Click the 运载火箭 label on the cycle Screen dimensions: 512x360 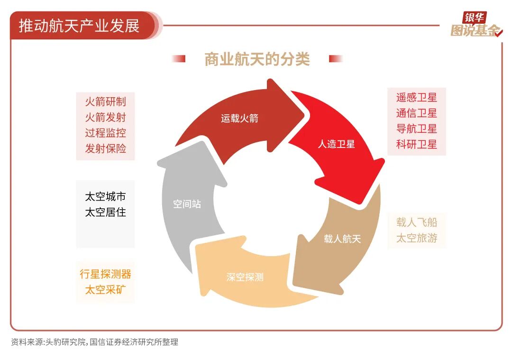[239, 118]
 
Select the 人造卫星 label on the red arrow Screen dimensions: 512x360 [336, 144]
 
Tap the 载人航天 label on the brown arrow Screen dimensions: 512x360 [342, 239]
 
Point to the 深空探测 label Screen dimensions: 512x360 [245, 277]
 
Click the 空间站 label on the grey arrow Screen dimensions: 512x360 [187, 204]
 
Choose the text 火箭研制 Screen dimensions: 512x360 [105, 102]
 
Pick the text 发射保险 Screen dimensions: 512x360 [105, 148]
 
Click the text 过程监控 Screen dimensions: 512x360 [105, 133]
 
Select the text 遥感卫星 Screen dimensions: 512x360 [416, 97]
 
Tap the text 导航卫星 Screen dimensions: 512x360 [416, 129]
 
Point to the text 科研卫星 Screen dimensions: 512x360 [416, 144]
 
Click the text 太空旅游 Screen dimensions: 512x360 [417, 238]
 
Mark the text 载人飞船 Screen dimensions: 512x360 [417, 222]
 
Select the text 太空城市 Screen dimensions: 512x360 [105, 197]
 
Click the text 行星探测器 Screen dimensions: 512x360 [105, 274]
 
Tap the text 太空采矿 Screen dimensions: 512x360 [105, 290]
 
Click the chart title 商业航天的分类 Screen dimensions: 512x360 [257, 59]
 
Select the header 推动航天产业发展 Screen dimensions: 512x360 [79, 26]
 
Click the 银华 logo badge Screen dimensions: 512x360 [475, 18]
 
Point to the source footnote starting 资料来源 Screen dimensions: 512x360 [95, 342]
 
